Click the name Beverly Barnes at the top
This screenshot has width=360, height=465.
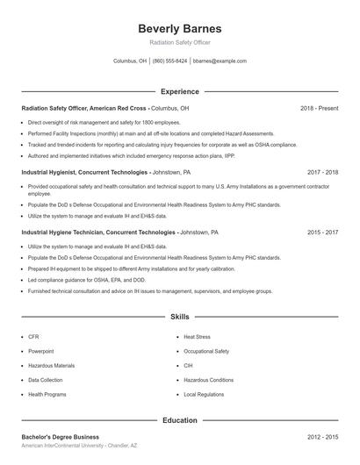(180, 29)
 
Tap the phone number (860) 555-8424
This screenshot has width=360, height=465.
(169, 61)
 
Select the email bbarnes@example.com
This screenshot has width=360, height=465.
(220, 61)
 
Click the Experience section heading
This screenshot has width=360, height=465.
(180, 91)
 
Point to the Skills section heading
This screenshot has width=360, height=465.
(180, 316)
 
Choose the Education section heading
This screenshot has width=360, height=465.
(180, 420)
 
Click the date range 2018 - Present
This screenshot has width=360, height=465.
(319, 108)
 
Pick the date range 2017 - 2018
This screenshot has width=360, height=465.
(322, 173)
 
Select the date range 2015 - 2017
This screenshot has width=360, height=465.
(322, 232)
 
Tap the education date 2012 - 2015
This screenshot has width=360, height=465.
(322, 436)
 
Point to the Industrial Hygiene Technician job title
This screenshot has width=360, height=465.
(98, 232)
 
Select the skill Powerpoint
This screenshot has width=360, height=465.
(40, 351)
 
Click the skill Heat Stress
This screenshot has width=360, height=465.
(197, 336)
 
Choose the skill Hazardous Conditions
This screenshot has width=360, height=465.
(208, 380)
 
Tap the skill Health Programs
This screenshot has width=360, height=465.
(47, 394)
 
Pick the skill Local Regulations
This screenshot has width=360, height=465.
(204, 394)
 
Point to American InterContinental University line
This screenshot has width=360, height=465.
(79, 446)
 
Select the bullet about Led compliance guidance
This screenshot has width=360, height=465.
(75, 279)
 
